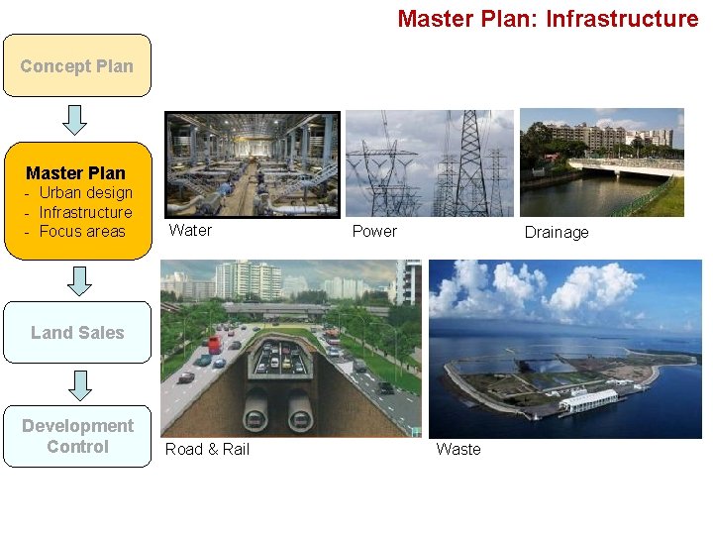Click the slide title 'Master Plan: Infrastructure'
[548, 19]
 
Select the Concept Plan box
[77, 66]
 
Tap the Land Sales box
[77, 333]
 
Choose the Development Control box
[77, 436]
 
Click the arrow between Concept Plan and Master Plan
[76, 120]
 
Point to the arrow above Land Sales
[80, 280]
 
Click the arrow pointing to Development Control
[80, 384]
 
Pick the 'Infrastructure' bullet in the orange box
[85, 212]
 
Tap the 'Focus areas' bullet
[82, 231]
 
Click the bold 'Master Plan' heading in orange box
[76, 172]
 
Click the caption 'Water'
[190, 230]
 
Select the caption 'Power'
[374, 231]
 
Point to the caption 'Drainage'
[556, 232]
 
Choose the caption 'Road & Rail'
[207, 449]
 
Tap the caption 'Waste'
[458, 449]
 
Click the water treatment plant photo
[252, 163]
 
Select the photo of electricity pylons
[429, 162]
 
